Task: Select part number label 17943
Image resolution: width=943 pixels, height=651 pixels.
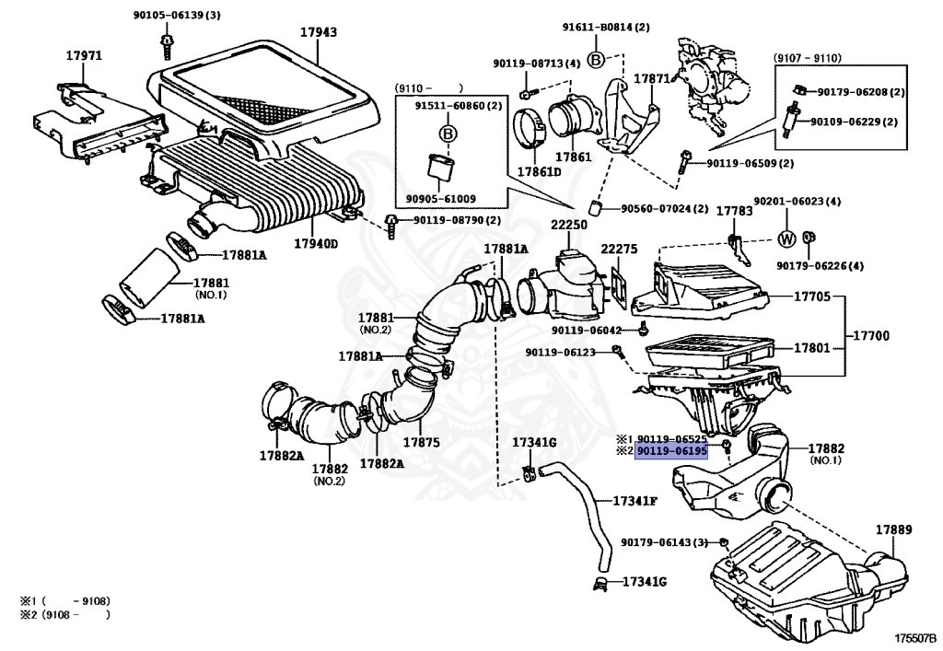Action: tap(318, 32)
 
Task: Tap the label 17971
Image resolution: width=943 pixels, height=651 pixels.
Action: tap(83, 56)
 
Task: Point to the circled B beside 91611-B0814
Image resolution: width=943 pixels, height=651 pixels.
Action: tap(595, 60)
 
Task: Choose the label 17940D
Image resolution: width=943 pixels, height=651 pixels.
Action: tap(316, 244)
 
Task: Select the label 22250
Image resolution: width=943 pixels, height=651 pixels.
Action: tap(569, 226)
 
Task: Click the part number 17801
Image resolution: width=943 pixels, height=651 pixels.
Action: tap(812, 349)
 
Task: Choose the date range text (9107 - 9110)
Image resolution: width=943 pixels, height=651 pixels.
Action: tap(807, 58)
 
